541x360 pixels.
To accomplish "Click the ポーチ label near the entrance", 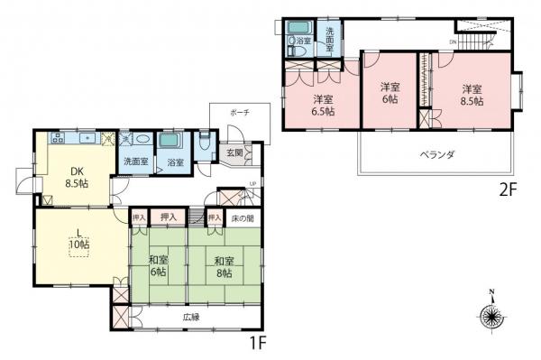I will (240, 112).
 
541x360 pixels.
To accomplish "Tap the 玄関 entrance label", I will (234, 152).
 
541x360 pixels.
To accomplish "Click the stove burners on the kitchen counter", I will (57, 138).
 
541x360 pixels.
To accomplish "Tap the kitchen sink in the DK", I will (87, 138).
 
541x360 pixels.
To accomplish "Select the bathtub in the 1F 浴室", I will (170, 143).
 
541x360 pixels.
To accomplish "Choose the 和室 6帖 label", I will (159, 267).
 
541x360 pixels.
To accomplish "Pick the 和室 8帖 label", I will (224, 267).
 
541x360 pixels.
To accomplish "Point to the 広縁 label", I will (190, 318).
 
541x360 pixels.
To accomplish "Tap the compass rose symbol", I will (491, 317).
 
